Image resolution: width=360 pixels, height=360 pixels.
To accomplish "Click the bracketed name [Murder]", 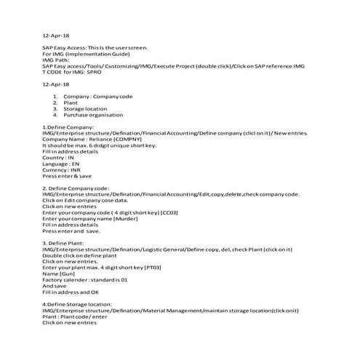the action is [x=125, y=219].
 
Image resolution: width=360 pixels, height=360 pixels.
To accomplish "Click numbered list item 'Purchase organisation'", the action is [x=94, y=115].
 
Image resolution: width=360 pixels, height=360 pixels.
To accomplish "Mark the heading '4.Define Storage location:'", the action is [x=77, y=304].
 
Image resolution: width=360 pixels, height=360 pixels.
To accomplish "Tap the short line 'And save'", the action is [x=55, y=286].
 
